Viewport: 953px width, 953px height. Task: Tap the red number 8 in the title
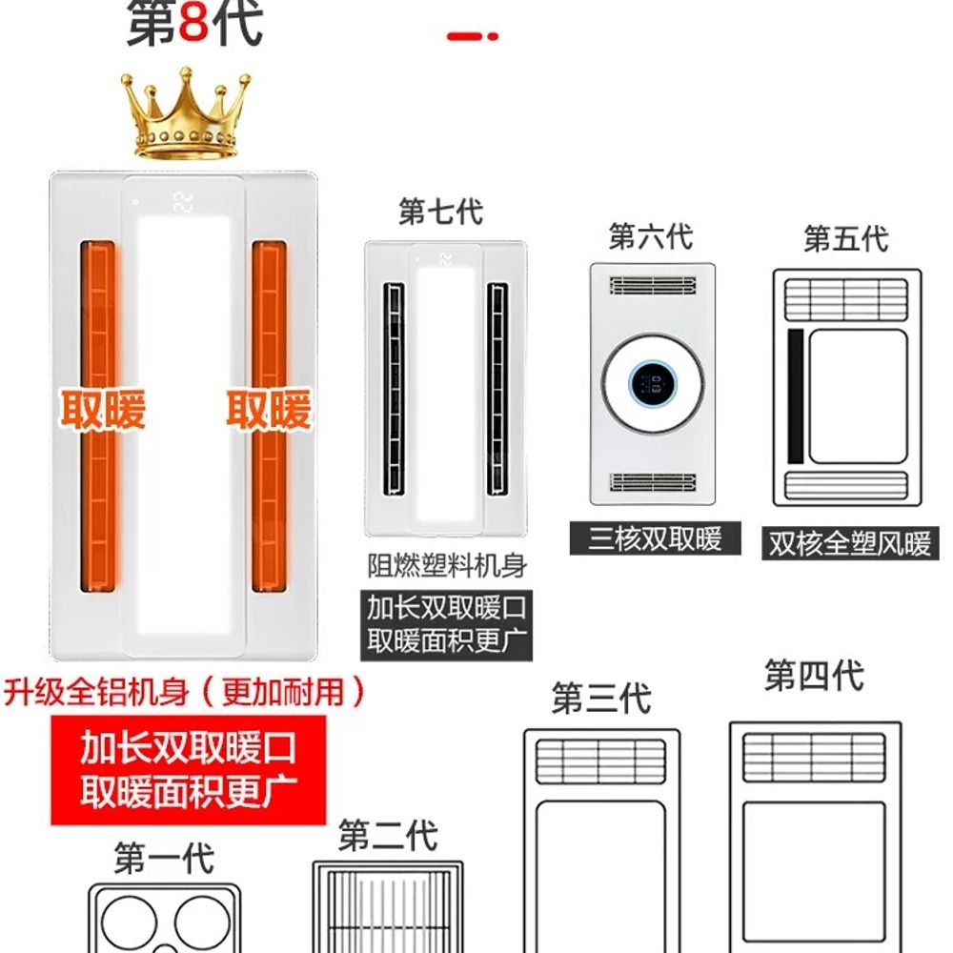point(193,23)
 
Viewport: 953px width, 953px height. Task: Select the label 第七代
point(440,212)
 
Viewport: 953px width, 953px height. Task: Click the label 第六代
point(650,235)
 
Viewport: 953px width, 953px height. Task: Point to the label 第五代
point(846,238)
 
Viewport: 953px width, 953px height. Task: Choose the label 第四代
point(814,676)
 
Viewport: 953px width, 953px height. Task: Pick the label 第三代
point(601,698)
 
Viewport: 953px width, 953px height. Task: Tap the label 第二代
point(388,835)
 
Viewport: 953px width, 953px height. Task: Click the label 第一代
point(164,859)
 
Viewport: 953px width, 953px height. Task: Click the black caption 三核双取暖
point(656,538)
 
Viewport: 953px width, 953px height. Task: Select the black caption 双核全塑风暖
point(850,543)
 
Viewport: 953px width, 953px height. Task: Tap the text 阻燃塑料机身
point(447,565)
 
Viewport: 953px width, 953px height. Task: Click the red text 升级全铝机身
point(96,692)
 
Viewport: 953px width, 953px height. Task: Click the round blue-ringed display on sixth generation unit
point(653,383)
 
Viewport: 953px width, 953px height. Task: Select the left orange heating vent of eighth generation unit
point(98,416)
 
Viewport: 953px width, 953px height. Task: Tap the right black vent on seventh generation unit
point(497,389)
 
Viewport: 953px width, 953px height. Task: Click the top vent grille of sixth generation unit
point(653,285)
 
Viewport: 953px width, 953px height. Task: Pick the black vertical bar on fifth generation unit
point(796,396)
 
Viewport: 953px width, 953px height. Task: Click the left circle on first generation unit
point(129,923)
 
